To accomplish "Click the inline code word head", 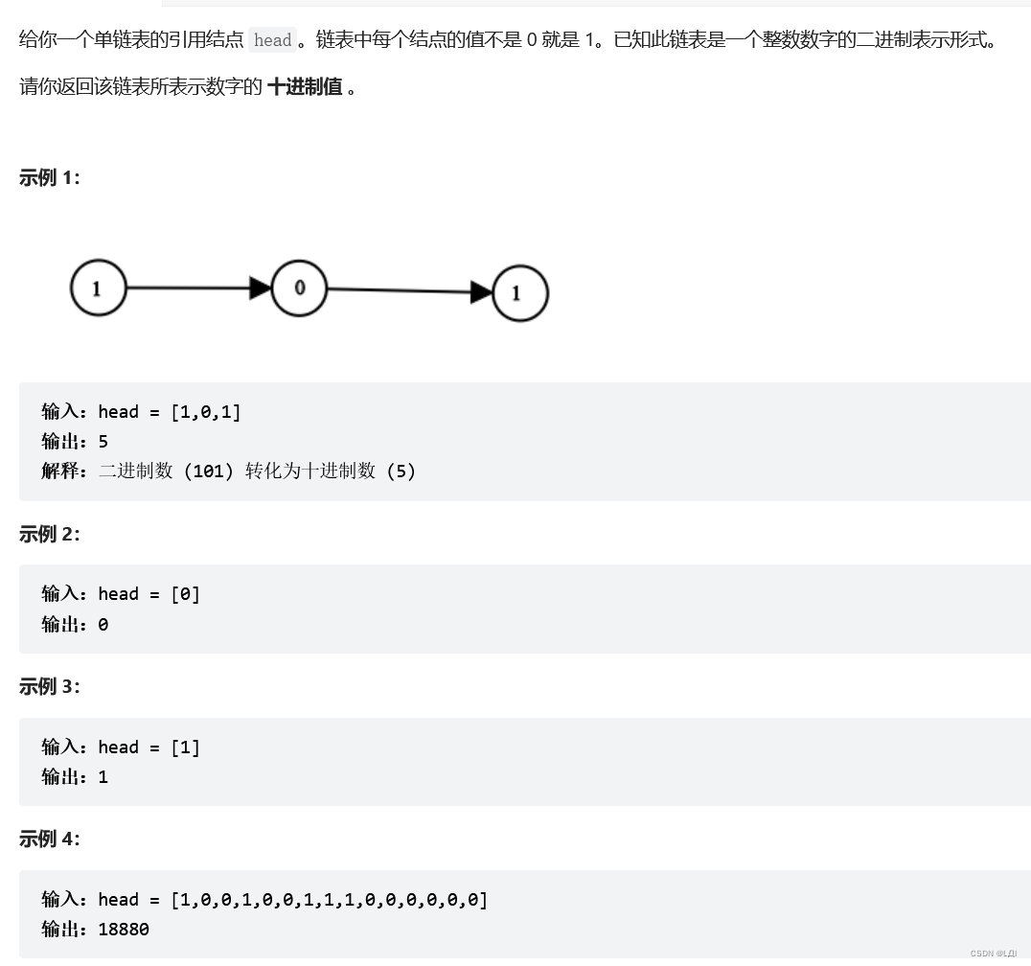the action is (x=273, y=40).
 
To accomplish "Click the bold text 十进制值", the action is (x=305, y=86).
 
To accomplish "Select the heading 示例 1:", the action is (x=50, y=177).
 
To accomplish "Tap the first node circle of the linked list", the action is (x=98, y=287).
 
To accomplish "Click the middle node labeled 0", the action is (x=299, y=287).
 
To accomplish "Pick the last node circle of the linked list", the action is (x=520, y=293).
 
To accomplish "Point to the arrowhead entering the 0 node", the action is (x=261, y=287).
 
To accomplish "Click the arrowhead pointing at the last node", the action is (x=482, y=292).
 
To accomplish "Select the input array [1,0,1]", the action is (x=206, y=411).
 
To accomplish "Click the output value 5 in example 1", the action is (x=103, y=441).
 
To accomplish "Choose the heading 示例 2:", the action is (x=50, y=534).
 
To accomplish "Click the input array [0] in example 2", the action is (x=186, y=593).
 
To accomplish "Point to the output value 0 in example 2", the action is (x=103, y=624).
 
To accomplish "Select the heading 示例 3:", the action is (x=50, y=686).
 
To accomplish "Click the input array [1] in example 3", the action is (x=186, y=747).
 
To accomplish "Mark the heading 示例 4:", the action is (x=50, y=839).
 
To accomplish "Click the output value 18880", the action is (x=124, y=929).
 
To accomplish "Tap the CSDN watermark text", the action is (x=994, y=954).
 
